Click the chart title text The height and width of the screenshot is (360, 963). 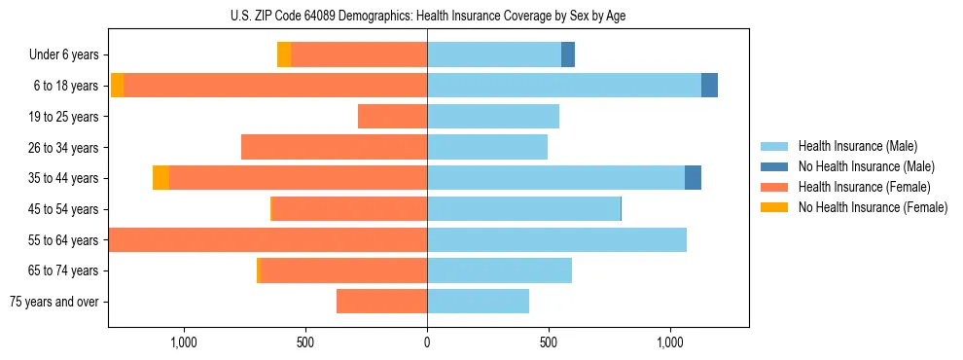tap(427, 17)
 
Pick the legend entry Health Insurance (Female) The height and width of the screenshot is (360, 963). tap(858, 187)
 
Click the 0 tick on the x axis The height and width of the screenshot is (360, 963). tap(427, 342)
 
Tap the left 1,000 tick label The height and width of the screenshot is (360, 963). tap(184, 342)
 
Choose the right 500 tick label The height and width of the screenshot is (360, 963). tap(549, 342)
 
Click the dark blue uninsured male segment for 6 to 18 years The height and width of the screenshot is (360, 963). tap(709, 86)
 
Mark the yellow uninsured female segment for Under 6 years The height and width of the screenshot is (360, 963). tap(284, 55)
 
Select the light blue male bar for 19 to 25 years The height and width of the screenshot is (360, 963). tap(493, 117)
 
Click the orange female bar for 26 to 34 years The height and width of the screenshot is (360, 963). tap(334, 147)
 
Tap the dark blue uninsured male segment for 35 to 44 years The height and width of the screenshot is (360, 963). tap(693, 178)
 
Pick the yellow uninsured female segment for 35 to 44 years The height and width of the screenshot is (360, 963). tap(160, 178)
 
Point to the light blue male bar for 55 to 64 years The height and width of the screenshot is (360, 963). tap(556, 239)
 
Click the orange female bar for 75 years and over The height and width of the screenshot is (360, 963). tap(381, 302)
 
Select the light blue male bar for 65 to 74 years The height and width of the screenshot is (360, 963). tap(499, 270)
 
